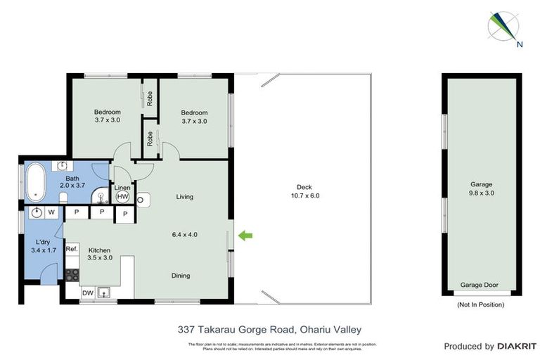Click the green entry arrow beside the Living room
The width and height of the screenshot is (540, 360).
[245, 236]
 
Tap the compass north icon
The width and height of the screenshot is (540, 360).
[503, 26]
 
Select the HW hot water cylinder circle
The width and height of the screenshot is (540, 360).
[124, 198]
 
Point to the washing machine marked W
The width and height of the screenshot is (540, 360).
[51, 212]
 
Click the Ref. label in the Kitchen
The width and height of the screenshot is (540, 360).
[72, 249]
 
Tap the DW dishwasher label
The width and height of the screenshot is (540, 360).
[88, 292]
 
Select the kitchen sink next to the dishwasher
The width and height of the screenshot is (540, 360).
[106, 292]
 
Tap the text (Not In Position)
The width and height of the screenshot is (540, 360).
[480, 304]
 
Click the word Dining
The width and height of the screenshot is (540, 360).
[181, 276]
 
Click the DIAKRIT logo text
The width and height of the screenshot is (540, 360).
[517, 347]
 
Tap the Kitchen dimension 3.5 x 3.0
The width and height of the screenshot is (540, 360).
[100, 258]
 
